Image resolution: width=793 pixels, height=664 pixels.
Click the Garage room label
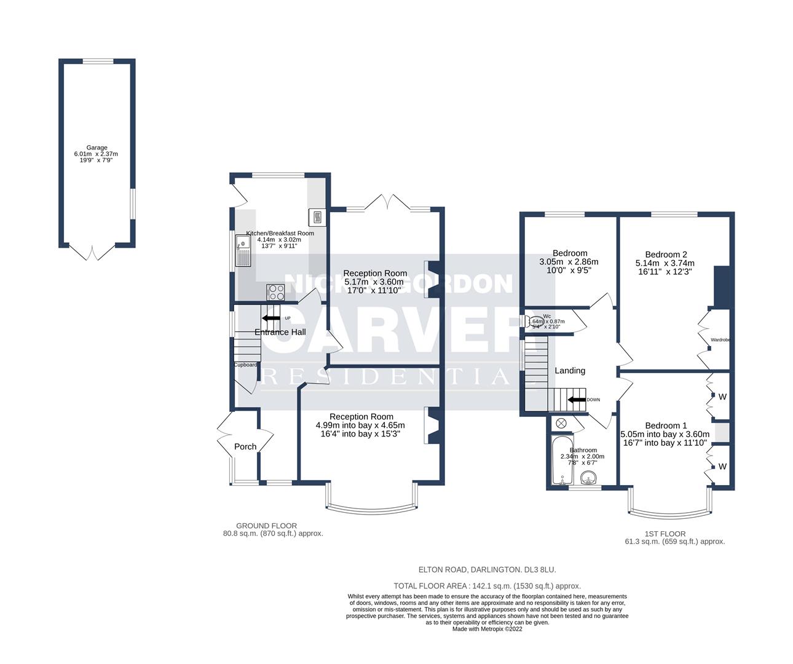[x=97, y=148]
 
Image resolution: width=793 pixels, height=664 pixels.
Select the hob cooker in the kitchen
[x=275, y=291]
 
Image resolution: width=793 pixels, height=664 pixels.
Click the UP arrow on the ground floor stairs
[x=270, y=318]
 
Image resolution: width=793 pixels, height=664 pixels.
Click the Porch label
[x=245, y=446]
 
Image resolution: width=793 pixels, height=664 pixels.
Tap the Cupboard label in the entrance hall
[x=245, y=365]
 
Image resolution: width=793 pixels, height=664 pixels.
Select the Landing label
[x=570, y=371]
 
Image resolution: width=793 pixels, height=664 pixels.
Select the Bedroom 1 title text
[x=666, y=425]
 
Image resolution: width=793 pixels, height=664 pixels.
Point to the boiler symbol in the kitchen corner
[x=317, y=216]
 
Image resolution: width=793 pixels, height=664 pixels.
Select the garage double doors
[x=92, y=252]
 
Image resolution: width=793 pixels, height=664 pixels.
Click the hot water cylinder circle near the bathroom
[x=561, y=424]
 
